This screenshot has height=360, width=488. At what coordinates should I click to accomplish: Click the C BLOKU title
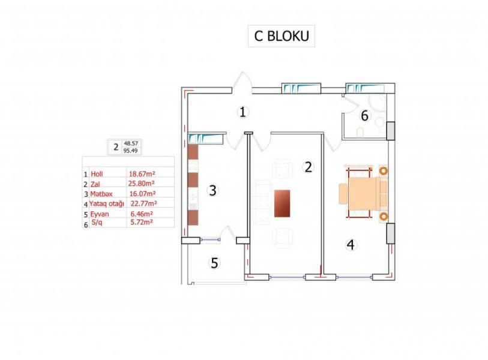[x=282, y=36]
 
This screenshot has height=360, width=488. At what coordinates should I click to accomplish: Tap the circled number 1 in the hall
[x=242, y=112]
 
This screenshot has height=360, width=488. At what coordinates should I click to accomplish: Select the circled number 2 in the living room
[x=308, y=167]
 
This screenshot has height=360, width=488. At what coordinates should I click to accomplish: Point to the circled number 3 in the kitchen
[x=212, y=190]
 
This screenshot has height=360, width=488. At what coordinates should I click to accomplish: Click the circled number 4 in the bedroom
[x=351, y=245]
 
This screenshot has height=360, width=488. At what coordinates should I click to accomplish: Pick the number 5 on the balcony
[x=214, y=263]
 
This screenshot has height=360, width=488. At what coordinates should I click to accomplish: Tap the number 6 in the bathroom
[x=364, y=116]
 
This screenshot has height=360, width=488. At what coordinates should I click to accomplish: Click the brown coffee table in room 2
[x=282, y=203]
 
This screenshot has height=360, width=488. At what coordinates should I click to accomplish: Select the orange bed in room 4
[x=363, y=194]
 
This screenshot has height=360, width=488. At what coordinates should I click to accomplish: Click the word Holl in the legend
[x=97, y=174]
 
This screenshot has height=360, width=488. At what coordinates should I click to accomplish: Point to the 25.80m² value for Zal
[x=141, y=184]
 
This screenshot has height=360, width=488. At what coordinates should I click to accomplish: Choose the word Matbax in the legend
[x=101, y=194]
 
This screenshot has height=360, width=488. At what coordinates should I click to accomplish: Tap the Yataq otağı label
[x=107, y=204]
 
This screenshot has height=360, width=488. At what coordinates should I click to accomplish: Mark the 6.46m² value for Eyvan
[x=142, y=214]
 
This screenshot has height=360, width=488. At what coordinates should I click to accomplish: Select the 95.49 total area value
[x=130, y=151]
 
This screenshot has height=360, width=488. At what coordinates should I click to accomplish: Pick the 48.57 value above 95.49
[x=131, y=143]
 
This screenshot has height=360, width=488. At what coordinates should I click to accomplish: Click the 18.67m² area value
[x=142, y=174]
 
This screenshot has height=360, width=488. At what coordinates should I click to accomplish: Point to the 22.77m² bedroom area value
[x=144, y=204]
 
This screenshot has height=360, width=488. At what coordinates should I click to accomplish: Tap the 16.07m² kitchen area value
[x=142, y=194]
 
